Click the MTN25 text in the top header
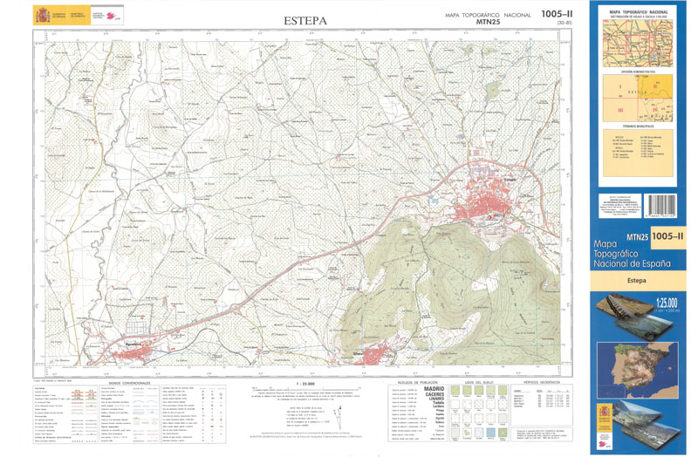488,23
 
